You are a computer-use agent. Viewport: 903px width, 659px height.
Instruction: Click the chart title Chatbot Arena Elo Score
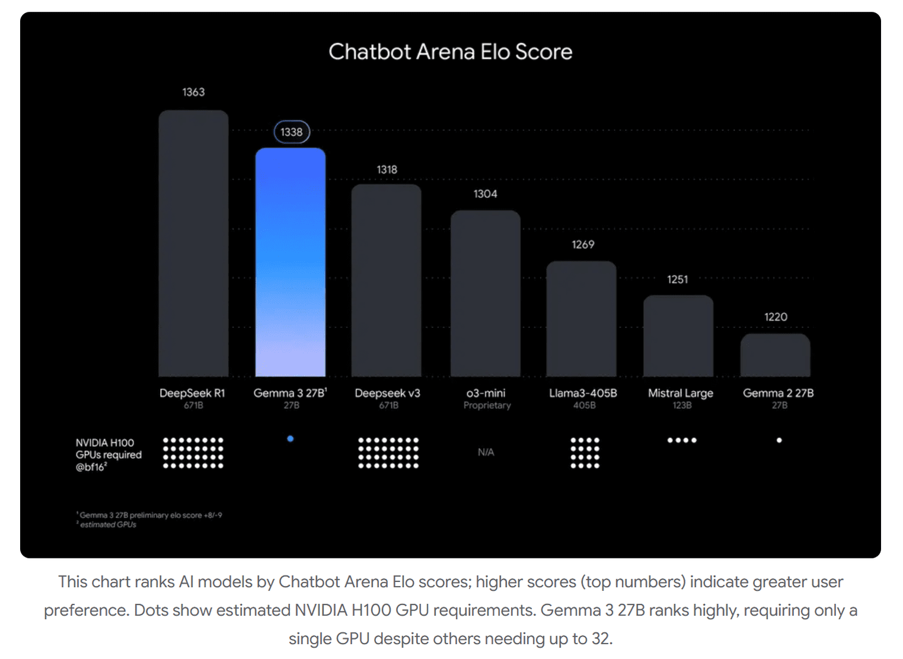[x=450, y=52]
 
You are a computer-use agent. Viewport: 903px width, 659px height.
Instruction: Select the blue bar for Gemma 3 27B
[x=291, y=262]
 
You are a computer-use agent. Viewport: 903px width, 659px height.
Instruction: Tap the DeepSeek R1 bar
[x=193, y=243]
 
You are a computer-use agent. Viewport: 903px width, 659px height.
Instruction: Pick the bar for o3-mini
[x=485, y=293]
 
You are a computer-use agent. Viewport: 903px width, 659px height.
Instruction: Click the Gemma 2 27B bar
[x=775, y=355]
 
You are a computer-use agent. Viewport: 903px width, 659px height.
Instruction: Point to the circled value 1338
[x=292, y=132]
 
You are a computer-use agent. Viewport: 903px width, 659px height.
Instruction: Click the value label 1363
[x=193, y=92]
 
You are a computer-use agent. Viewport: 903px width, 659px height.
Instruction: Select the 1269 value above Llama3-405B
[x=583, y=245]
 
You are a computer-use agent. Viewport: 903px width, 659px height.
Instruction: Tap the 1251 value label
[x=677, y=280]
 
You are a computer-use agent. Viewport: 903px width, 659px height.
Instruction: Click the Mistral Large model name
[x=681, y=393]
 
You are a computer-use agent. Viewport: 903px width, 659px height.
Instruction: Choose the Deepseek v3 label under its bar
[x=387, y=393]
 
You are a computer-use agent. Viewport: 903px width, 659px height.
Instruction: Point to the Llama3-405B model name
[x=583, y=393]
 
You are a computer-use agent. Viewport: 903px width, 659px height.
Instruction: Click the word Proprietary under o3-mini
[x=487, y=405]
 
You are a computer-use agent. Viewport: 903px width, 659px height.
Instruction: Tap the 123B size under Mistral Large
[x=682, y=405]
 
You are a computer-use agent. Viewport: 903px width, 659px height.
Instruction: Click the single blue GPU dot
[x=291, y=439]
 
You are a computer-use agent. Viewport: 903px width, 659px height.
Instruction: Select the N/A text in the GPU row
[x=486, y=452]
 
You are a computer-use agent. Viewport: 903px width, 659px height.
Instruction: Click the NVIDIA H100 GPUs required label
[x=109, y=455]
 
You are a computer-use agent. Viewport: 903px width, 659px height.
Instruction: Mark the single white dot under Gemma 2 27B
[x=779, y=440]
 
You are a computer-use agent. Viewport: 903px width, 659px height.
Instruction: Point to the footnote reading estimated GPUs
[x=108, y=524]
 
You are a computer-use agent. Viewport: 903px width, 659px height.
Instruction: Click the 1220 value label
[x=776, y=317]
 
